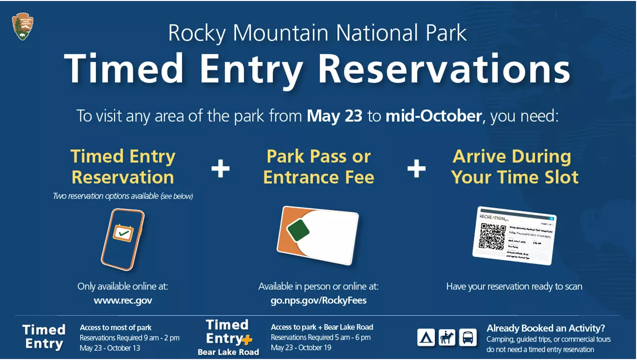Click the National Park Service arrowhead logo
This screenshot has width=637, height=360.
(23, 26)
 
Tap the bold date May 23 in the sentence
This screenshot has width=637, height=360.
(334, 116)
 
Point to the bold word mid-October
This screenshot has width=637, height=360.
(433, 116)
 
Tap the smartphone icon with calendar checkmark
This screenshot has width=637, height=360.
(122, 239)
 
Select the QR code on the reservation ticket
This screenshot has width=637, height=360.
(492, 236)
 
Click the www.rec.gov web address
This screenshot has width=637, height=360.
(123, 300)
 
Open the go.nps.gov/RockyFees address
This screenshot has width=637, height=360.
(318, 300)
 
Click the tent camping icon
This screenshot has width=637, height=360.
(426, 337)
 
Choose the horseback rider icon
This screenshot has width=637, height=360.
(447, 337)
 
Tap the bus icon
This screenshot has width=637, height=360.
(468, 337)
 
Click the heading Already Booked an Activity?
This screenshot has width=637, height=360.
(545, 328)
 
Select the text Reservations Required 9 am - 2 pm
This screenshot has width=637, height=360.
(130, 338)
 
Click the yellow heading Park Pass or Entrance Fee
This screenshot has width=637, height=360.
(319, 167)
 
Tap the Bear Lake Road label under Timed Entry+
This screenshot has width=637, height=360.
(228, 352)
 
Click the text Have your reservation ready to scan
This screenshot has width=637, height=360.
(514, 287)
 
